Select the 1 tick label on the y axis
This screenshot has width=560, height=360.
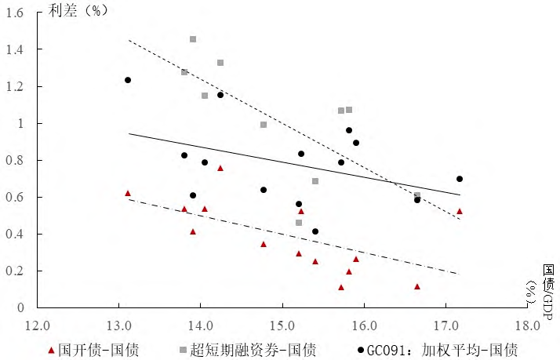point(22,123)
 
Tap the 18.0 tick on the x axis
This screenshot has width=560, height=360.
point(528,323)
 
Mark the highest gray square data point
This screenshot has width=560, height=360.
point(193,39)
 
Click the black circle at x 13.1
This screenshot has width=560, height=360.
point(128,80)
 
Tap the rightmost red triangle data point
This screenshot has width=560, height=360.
point(460,211)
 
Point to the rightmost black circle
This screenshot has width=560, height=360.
point(460,179)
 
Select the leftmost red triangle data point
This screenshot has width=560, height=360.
point(128,193)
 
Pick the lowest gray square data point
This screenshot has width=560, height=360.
point(299,223)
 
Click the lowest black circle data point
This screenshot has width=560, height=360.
point(315,231)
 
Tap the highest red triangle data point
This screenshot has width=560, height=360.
point(220,168)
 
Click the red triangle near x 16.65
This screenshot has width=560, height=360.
point(417,286)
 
